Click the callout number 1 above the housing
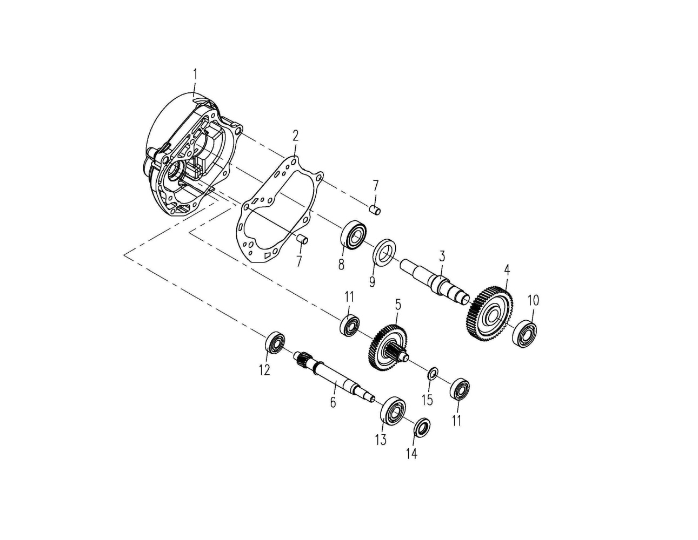(x=195, y=74)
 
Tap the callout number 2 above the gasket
(x=296, y=136)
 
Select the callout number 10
(x=533, y=301)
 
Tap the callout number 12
(x=265, y=370)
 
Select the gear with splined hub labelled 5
(x=388, y=347)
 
